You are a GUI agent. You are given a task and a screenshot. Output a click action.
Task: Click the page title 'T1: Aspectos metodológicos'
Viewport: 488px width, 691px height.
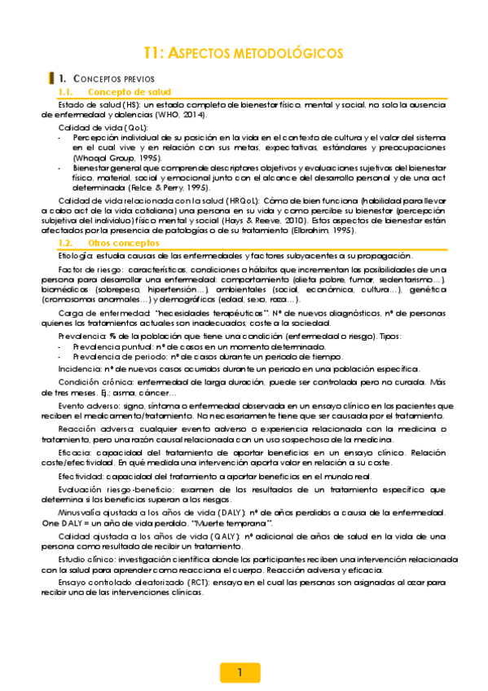coord(243,53)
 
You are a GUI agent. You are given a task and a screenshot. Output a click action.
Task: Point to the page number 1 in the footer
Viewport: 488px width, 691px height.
coord(240,672)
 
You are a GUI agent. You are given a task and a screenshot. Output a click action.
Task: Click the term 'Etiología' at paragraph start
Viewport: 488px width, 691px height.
coord(76,256)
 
